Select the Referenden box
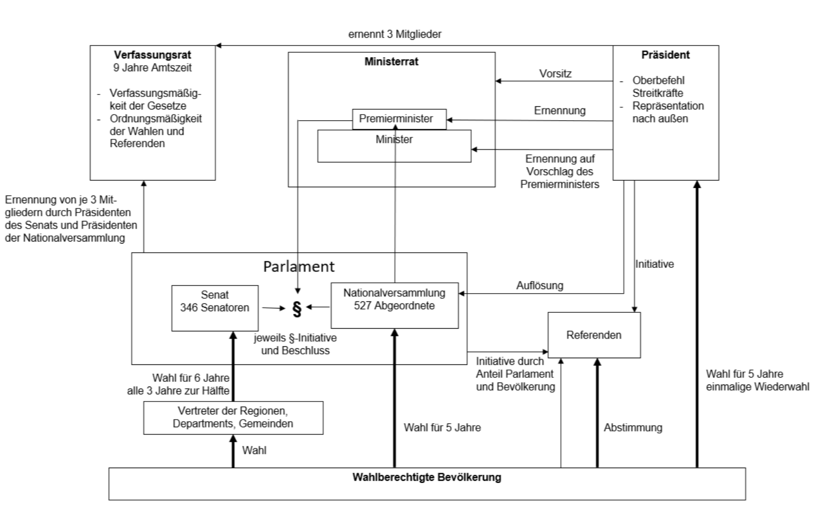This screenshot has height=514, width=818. point(594,335)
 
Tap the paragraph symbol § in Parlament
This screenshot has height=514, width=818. point(297,308)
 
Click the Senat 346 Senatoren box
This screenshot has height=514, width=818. point(215,308)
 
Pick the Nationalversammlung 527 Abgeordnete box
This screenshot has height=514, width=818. point(394,305)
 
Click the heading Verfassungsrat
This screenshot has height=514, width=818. point(152,55)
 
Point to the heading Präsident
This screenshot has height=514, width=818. point(665,55)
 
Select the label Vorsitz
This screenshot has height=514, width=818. point(555,74)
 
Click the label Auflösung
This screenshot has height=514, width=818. point(539,285)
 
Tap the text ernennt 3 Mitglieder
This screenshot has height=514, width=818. point(395,34)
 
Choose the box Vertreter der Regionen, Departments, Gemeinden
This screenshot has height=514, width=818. point(233,417)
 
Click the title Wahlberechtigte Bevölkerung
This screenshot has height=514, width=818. point(427,477)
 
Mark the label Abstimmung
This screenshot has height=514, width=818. point(633,427)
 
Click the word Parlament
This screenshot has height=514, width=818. point(299,266)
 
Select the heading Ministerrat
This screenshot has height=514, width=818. point(391,61)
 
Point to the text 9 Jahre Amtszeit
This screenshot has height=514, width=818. point(152,68)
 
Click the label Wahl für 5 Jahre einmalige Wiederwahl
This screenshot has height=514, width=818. point(757,380)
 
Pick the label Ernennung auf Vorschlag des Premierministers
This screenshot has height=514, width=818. point(560,171)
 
